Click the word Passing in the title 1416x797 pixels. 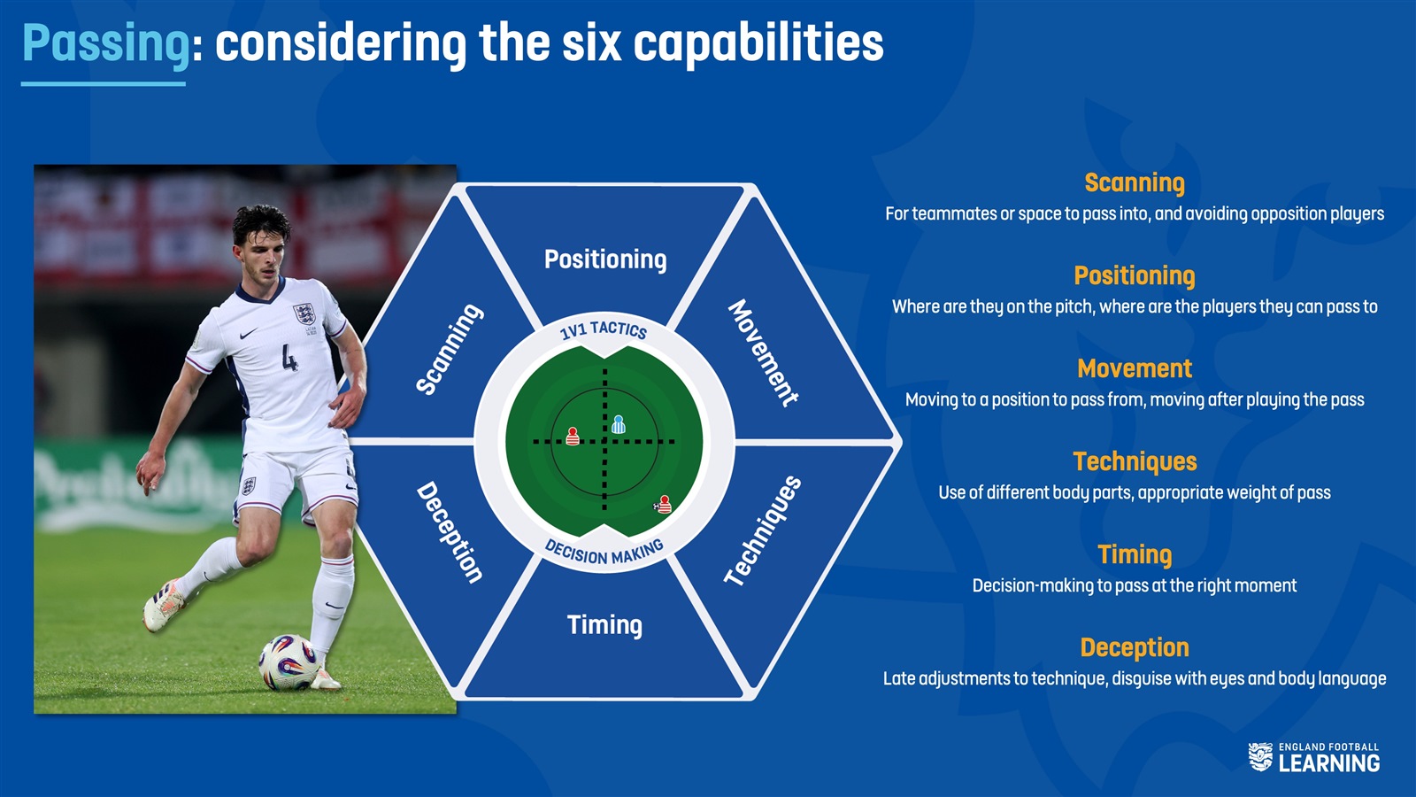pos(106,44)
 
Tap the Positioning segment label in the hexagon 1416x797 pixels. pos(605,259)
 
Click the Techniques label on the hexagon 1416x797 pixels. pos(763,530)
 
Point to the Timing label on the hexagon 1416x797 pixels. pos(605,625)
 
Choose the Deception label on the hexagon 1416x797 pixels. pos(450,532)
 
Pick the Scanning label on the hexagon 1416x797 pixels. pos(450,349)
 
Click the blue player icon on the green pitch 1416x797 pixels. pos(619,424)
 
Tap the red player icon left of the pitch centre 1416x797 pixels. pos(573,437)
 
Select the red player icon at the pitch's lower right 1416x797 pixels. pos(664,505)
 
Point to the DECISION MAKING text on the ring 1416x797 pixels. pos(604,553)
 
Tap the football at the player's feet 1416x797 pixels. pos(289,662)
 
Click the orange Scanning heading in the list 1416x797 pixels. pos(1135,182)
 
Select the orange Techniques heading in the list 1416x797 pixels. pos(1135,461)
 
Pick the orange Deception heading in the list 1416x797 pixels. pos(1135,647)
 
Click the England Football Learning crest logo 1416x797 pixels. pos(1260,757)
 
